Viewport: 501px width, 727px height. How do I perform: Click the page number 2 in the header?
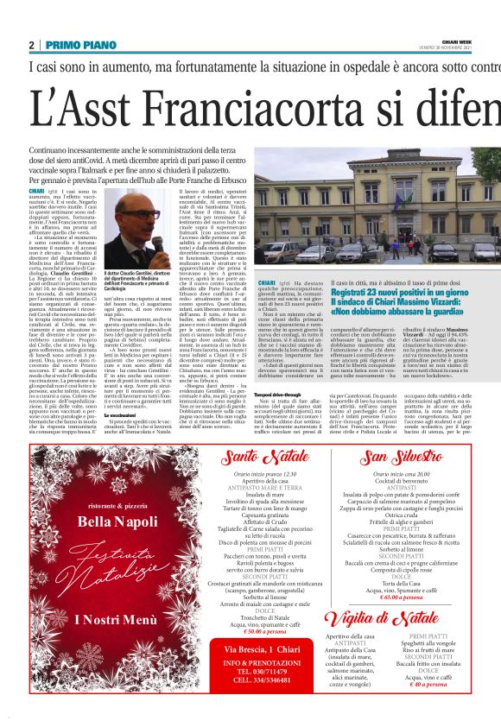point(32,45)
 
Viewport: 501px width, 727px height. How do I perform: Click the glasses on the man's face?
point(136,213)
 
